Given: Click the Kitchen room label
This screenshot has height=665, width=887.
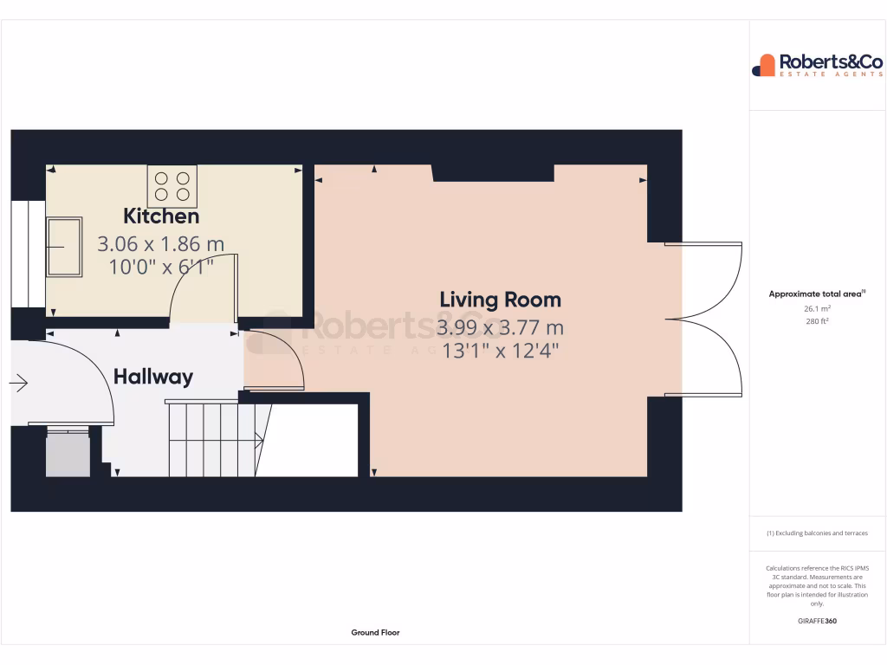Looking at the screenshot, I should [x=161, y=216].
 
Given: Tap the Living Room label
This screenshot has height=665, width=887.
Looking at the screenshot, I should [x=500, y=300].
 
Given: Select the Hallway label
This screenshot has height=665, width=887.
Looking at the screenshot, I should [x=153, y=377].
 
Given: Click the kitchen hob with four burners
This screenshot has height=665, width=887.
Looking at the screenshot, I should [x=172, y=185].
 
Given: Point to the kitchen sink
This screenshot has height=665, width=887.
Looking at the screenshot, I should [x=63, y=247].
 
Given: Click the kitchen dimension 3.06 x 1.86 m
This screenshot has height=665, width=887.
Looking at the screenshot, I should [x=161, y=244].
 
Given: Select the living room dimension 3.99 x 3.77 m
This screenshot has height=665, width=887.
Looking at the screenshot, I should [x=500, y=328].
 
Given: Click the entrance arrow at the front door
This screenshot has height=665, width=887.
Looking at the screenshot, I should [x=20, y=382].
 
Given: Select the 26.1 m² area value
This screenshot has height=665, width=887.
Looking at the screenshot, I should [x=817, y=308].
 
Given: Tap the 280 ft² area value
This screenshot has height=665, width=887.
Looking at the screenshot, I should [x=817, y=321].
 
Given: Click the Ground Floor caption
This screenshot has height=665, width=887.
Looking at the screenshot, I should [x=375, y=633].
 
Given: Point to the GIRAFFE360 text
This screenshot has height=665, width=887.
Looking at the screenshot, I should [x=817, y=621].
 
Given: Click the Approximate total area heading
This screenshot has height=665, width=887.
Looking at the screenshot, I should [x=816, y=294].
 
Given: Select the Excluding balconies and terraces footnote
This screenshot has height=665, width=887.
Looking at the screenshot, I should [x=817, y=533].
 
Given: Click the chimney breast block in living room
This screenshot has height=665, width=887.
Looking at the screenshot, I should [x=493, y=172].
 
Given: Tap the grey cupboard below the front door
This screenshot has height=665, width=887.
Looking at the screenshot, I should [x=67, y=455].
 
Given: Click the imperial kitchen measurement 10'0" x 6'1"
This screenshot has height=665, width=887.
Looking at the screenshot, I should [x=161, y=267].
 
